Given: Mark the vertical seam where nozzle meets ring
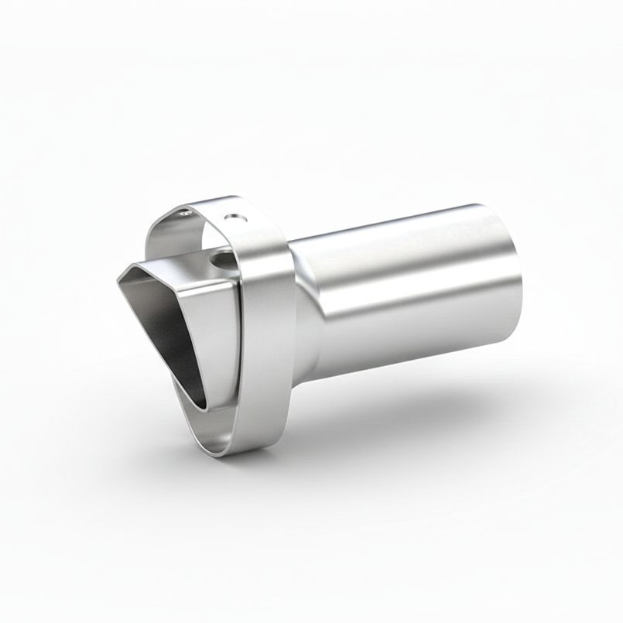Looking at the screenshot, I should pos(235,341).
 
